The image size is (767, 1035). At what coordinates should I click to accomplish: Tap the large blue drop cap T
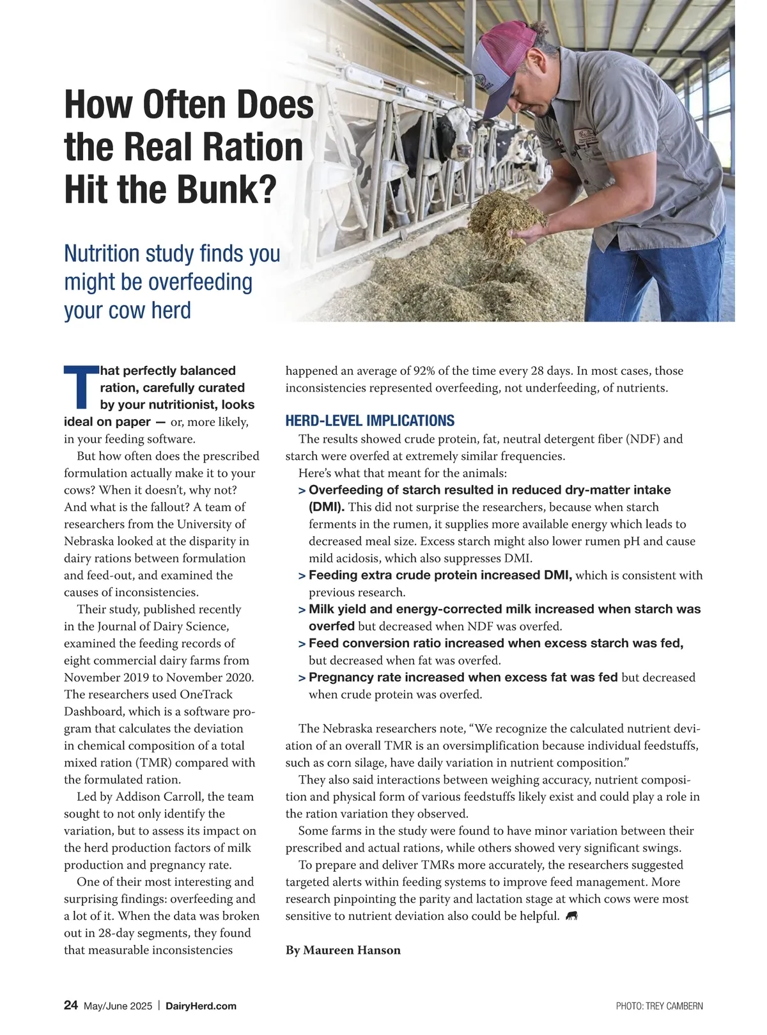[x=81, y=387]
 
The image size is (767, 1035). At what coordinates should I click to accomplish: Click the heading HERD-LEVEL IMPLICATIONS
[x=369, y=421]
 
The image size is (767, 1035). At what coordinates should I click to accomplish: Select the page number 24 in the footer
[x=71, y=1005]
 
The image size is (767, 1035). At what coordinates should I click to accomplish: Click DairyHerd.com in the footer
[x=201, y=1006]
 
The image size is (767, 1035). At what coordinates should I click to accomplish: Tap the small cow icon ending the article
[x=572, y=916]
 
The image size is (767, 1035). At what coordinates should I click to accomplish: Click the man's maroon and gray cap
[x=505, y=61]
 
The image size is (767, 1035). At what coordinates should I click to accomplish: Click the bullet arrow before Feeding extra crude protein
[x=301, y=576]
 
